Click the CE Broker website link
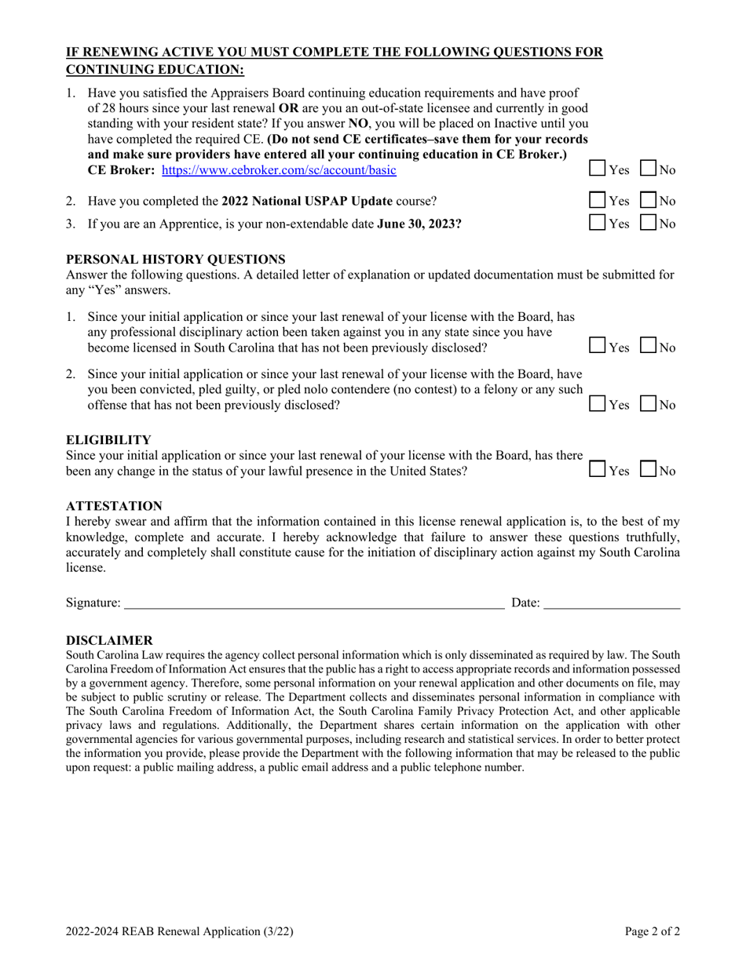click(279, 170)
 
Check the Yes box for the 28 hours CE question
click(598, 169)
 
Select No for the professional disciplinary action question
click(649, 345)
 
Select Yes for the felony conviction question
click(598, 404)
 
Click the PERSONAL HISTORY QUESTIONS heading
click(176, 260)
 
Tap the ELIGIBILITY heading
click(108, 439)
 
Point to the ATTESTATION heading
click(114, 506)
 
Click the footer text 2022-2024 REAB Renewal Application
click(180, 932)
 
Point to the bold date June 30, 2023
click(419, 224)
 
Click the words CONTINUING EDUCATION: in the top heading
click(155, 70)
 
